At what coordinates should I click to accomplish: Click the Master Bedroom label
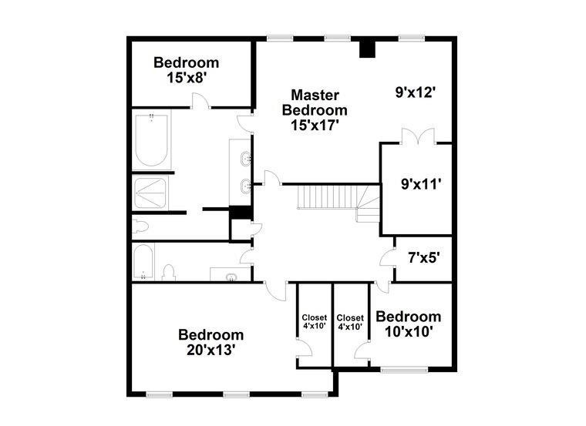[x=315, y=102]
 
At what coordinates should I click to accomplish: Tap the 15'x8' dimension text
[x=187, y=78]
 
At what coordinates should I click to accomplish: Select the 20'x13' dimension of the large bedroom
[x=211, y=350]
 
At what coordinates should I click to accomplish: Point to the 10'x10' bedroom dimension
[x=409, y=331]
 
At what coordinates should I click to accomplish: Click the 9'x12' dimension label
[x=416, y=92]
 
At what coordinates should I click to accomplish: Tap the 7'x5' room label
[x=423, y=257]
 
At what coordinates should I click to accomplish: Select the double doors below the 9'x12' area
[x=418, y=136]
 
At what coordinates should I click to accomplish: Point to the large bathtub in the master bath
[x=151, y=140]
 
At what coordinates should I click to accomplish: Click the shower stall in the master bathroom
[x=150, y=193]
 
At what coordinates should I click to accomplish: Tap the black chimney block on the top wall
[x=367, y=49]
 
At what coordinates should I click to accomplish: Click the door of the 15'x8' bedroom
[x=201, y=100]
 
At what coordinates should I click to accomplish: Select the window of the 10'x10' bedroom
[x=404, y=370]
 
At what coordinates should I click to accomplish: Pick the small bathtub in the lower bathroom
[x=143, y=261]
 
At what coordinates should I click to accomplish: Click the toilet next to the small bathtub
[x=169, y=272]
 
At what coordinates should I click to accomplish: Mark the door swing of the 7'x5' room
[x=388, y=258]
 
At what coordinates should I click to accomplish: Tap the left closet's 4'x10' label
[x=315, y=321]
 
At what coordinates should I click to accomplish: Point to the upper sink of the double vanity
[x=245, y=159]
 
